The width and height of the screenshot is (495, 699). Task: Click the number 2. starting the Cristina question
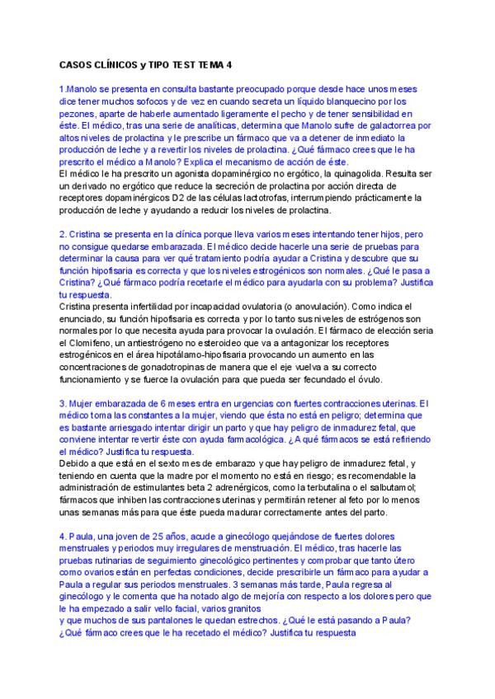point(63,235)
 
